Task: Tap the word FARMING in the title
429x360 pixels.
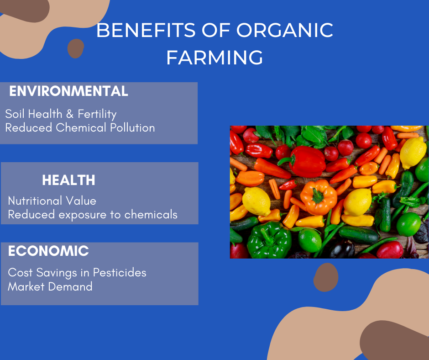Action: [215, 58]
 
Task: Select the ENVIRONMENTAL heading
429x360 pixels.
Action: [68, 91]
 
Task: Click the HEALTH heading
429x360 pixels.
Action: [68, 180]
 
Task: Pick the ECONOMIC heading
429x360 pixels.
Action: [48, 251]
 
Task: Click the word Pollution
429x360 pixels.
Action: [132, 127]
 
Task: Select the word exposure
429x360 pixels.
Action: [82, 215]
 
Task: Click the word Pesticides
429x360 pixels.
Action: [120, 273]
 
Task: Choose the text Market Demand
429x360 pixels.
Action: [50, 286]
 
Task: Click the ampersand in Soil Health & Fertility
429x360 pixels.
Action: [70, 114]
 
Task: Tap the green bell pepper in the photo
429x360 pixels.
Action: [269, 240]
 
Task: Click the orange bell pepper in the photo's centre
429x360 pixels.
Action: [319, 197]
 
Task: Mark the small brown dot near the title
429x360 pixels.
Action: [76, 48]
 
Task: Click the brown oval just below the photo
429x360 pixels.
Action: [325, 277]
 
